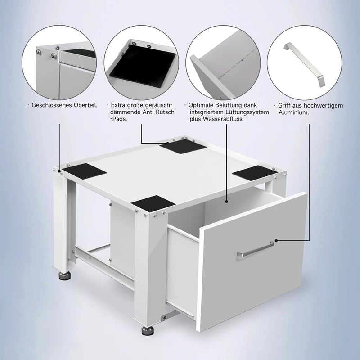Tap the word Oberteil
[x=85, y=105]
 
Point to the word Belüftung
[x=229, y=105]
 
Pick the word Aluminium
[x=294, y=112]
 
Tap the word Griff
[x=284, y=106]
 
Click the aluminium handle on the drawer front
[x=255, y=249]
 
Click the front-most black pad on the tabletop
[x=153, y=204]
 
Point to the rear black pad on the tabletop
[x=183, y=147]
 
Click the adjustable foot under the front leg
[x=148, y=331]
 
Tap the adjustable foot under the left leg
[x=65, y=276]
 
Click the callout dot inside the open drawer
[x=227, y=202]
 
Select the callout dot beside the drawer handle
[x=276, y=241]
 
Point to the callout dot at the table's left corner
[x=59, y=171]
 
